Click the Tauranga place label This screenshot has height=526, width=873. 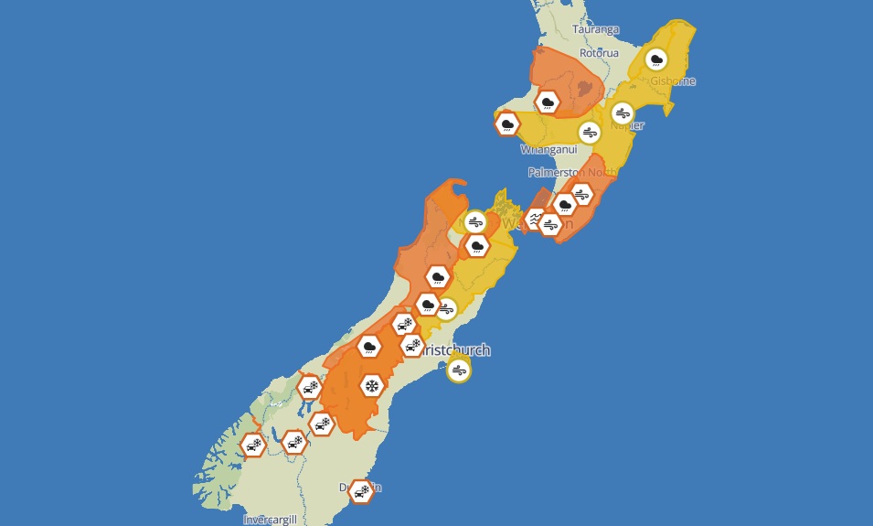(594, 29)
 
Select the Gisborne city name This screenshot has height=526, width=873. (673, 81)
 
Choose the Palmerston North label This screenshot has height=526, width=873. (566, 172)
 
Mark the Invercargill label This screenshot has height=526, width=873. (270, 520)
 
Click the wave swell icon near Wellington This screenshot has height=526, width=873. (535, 219)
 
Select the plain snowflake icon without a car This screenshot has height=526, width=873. (371, 385)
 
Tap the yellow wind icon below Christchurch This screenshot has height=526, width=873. (459, 370)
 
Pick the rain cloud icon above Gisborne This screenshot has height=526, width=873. (655, 60)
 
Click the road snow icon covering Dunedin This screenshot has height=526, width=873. (361, 491)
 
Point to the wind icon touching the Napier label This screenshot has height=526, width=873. (623, 113)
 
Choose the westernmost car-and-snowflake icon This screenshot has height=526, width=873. (252, 445)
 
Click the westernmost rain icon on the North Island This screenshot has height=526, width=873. (506, 123)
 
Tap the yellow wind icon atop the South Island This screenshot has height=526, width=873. (474, 221)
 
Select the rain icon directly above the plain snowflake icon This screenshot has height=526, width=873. (369, 346)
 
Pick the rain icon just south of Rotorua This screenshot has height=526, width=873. (548, 102)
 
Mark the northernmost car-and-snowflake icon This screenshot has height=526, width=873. (403, 324)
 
